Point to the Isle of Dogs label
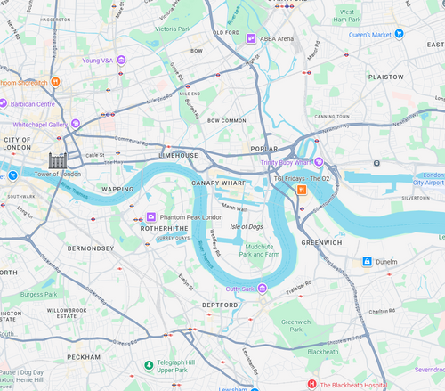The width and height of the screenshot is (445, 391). (248, 227)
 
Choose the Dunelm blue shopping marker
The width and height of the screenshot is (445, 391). (366, 262)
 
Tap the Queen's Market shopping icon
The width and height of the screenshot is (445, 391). (400, 34)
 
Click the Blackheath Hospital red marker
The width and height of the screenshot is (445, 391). (311, 384)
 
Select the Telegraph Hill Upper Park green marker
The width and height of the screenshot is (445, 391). (148, 365)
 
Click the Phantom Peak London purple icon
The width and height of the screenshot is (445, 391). (150, 217)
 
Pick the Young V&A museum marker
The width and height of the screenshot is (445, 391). (121, 61)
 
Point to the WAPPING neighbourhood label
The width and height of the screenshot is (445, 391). (117, 189)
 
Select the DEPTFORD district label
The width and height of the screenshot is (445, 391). (221, 305)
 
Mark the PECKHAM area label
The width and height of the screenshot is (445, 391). (83, 356)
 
